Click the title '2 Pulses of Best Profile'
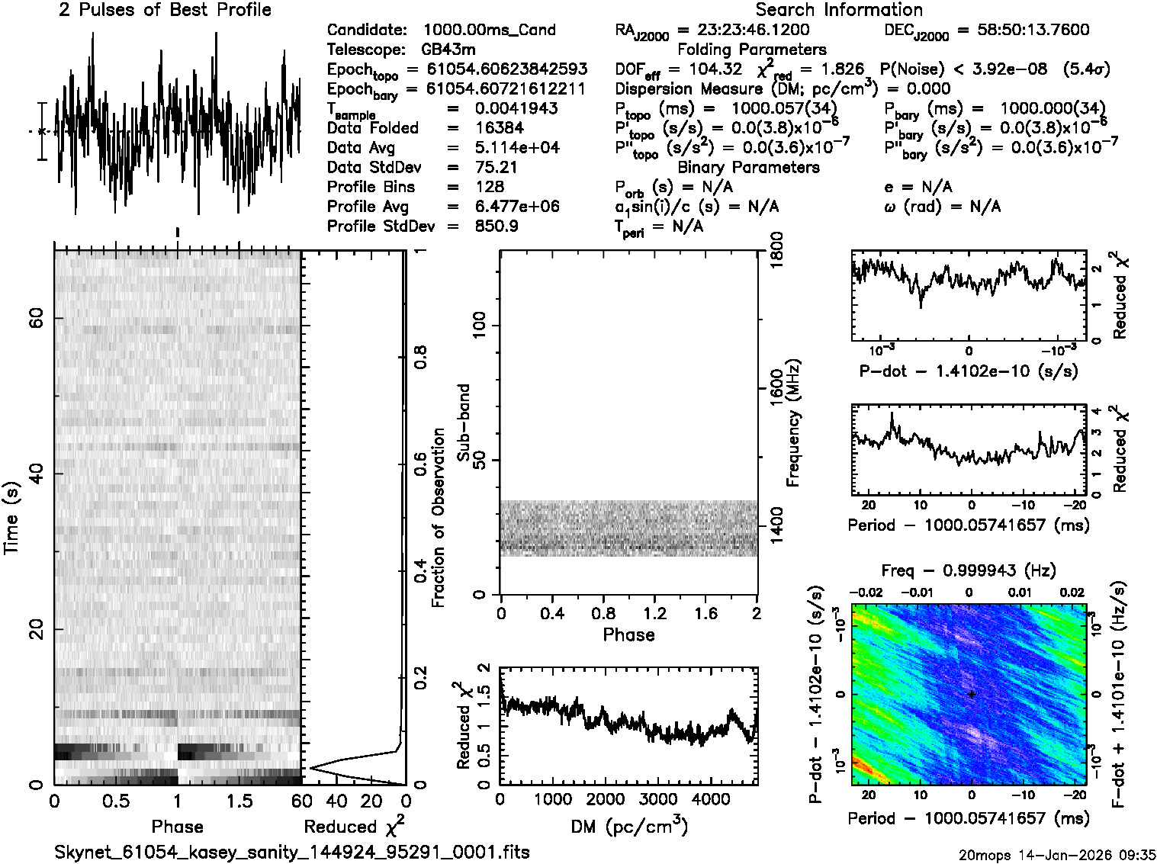point(165,11)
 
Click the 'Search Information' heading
point(838,11)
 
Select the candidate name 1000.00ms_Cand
point(489,31)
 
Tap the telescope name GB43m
point(448,50)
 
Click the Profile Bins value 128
point(489,188)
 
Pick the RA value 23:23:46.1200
point(753,31)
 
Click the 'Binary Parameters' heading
point(748,168)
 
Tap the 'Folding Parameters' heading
point(751,50)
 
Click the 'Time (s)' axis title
point(11,518)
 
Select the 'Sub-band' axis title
point(463,422)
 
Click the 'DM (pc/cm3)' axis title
point(628,827)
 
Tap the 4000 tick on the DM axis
point(710,800)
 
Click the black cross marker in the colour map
point(972,695)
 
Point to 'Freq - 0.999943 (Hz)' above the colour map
point(968,571)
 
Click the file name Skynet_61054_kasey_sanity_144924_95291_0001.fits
point(292,853)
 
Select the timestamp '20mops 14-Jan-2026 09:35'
point(1057,855)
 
